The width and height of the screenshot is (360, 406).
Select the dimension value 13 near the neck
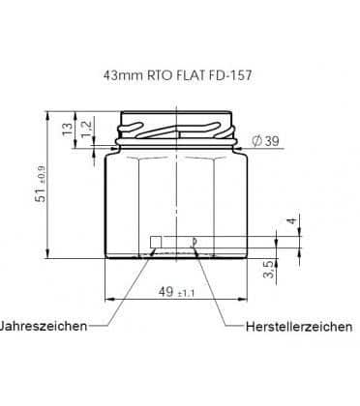(66, 127)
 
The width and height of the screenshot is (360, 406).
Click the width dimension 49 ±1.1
(172, 291)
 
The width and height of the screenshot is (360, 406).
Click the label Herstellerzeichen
(299, 327)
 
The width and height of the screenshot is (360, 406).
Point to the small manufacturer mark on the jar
(195, 241)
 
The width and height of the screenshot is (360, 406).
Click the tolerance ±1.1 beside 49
(188, 292)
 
